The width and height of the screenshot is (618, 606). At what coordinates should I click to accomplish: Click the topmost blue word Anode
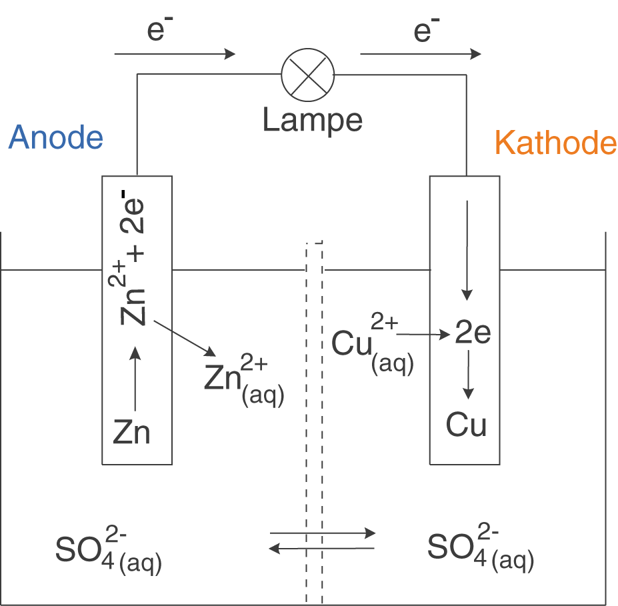56,137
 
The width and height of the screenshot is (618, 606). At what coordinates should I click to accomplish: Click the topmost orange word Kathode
556,144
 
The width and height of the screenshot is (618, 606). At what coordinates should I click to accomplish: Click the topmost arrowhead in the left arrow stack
230,54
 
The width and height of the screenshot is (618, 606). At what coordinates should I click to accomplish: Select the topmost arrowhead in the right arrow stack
475,54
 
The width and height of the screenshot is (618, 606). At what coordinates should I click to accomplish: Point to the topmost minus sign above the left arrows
169,19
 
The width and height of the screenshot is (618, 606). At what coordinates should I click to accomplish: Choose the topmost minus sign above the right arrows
436,20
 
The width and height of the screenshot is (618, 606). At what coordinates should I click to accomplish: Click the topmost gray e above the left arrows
155,31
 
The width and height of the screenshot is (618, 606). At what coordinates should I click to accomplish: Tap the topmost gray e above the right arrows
423,32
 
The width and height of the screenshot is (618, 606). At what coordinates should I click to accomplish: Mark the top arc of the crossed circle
307,51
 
